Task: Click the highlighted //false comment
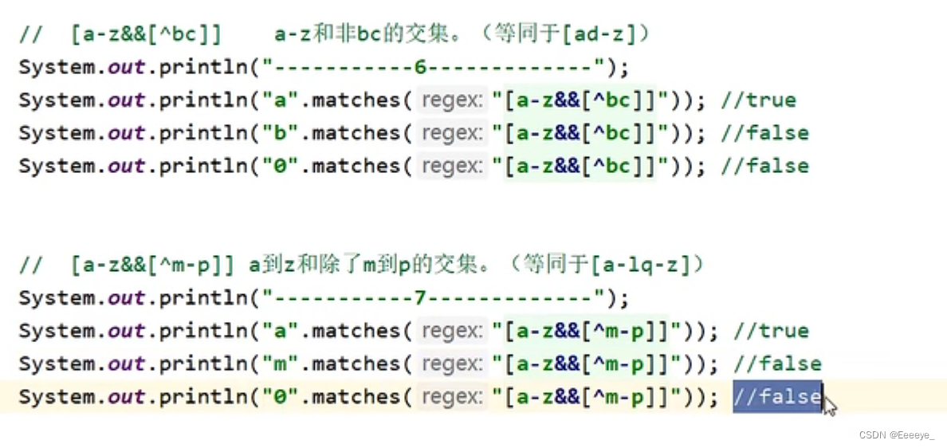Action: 777,396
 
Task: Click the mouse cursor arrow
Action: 829,407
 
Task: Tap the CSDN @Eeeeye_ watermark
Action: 898,434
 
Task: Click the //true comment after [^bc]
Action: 758,100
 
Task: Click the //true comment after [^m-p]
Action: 771,331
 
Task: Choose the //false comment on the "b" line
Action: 764,133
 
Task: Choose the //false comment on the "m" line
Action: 777,364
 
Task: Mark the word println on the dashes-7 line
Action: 203,298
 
